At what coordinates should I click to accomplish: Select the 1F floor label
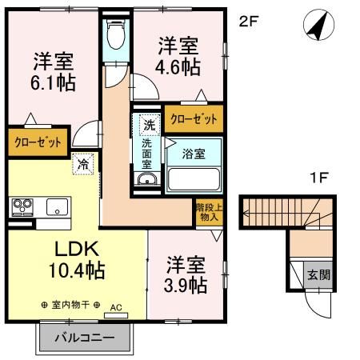pos(318,179)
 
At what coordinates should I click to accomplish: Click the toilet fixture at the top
pos(117,36)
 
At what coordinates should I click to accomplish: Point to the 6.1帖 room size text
pos(53,82)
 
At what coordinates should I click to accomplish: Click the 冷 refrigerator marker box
pos(83,164)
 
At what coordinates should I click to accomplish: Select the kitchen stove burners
pos(21,207)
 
